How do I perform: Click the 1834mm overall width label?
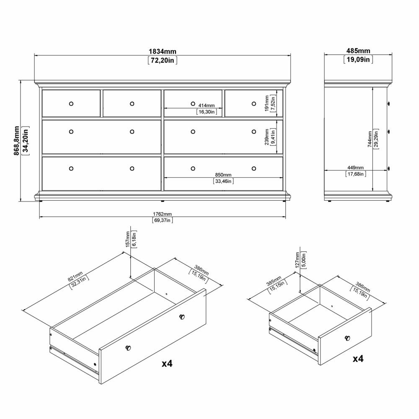pyautogui.click(x=163, y=51)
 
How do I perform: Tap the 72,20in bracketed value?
pyautogui.click(x=163, y=60)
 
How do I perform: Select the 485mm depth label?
pyautogui.click(x=358, y=51)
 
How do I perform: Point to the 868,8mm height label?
pyautogui.click(x=17, y=140)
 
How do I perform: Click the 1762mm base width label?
pyautogui.click(x=162, y=214)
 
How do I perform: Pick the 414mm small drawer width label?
pyautogui.click(x=206, y=106)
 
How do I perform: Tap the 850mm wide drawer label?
pyautogui.click(x=223, y=175)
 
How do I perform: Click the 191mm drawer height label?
pyautogui.click(x=266, y=103)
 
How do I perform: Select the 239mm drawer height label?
pyautogui.click(x=266, y=137)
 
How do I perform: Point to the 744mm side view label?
pyautogui.click(x=370, y=139)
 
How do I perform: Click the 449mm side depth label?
pyautogui.click(x=355, y=168)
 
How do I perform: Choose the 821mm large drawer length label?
pyautogui.click(x=75, y=276)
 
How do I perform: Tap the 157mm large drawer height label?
pyautogui.click(x=127, y=239)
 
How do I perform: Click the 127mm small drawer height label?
pyautogui.click(x=297, y=260)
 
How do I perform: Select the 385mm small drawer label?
pyautogui.click(x=274, y=281)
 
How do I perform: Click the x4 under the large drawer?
pyautogui.click(x=167, y=363)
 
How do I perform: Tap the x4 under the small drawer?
pyautogui.click(x=358, y=358)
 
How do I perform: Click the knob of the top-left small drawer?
pyautogui.click(x=71, y=103)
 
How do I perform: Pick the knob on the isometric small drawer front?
pyautogui.click(x=347, y=338)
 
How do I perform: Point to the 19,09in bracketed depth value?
pyautogui.click(x=358, y=59)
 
